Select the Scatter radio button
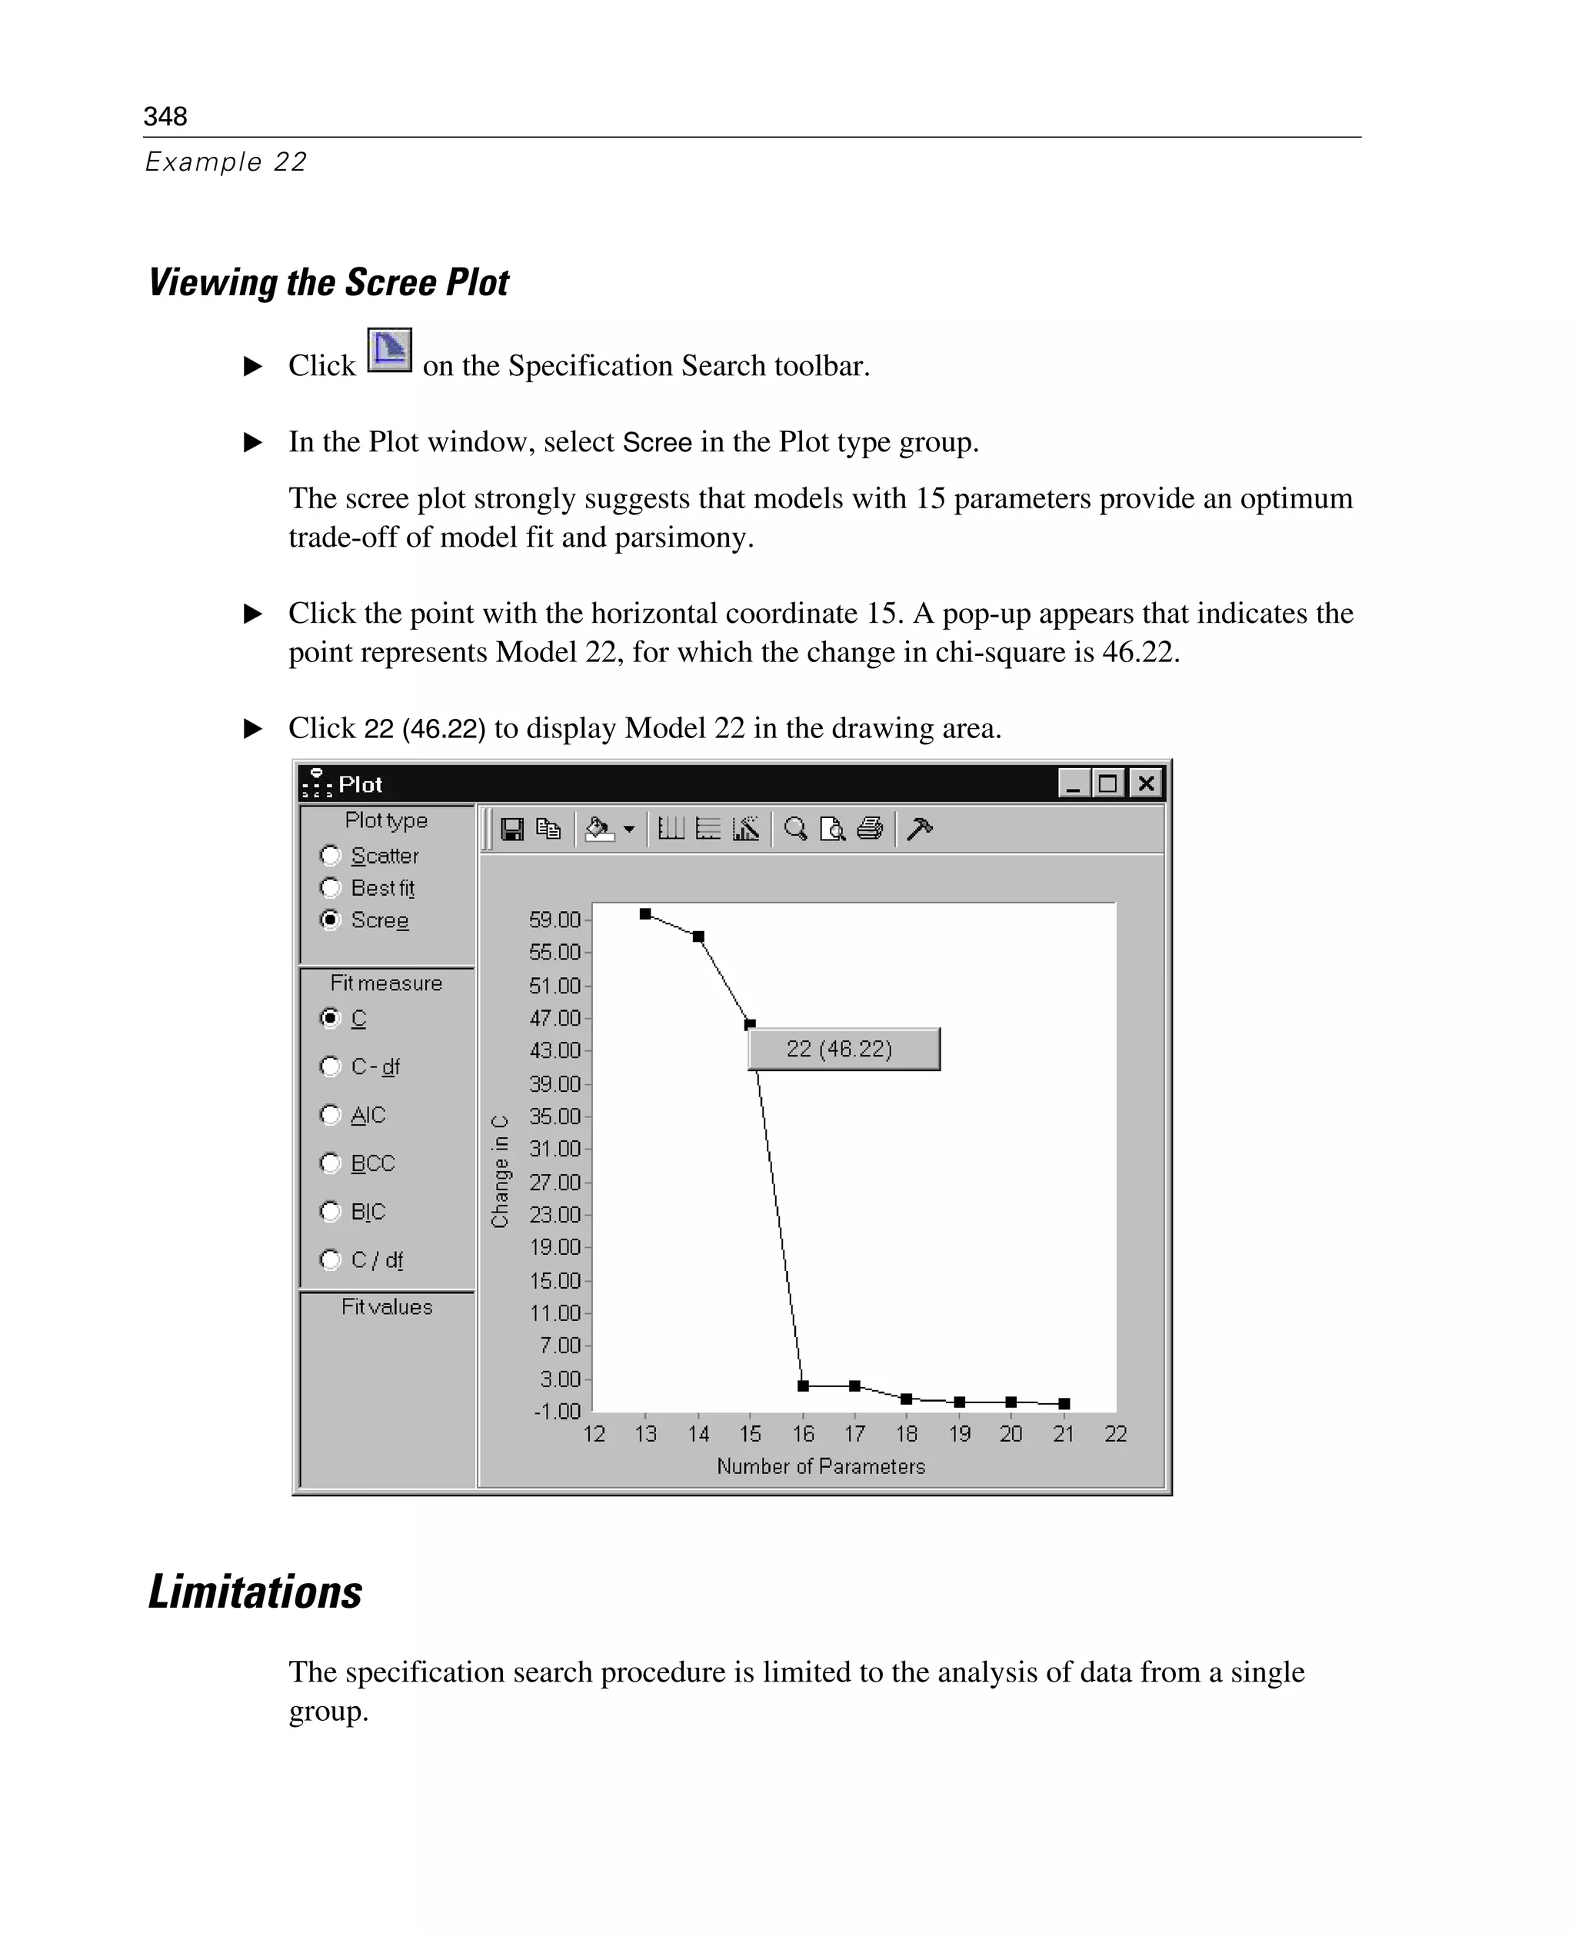[x=330, y=855]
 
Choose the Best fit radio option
[x=330, y=887]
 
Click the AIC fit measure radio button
[x=330, y=1114]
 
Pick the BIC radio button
[x=330, y=1211]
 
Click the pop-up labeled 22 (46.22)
[x=844, y=1049]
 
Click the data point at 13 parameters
[x=645, y=913]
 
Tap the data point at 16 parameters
[x=803, y=1385]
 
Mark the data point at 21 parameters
[x=1064, y=1403]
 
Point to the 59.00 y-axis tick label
[x=554, y=920]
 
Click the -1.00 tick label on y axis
[x=557, y=1412]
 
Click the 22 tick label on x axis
[x=1115, y=1434]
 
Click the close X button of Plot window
[x=1146, y=783]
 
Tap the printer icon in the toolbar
[x=869, y=829]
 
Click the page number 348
[x=165, y=116]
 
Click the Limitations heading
[x=255, y=1592]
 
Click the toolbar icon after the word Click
[x=389, y=350]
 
